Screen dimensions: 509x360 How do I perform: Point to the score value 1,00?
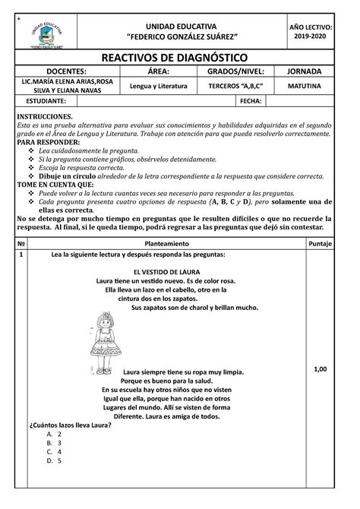click(320, 368)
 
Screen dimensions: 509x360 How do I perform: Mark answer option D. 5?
click(54, 460)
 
